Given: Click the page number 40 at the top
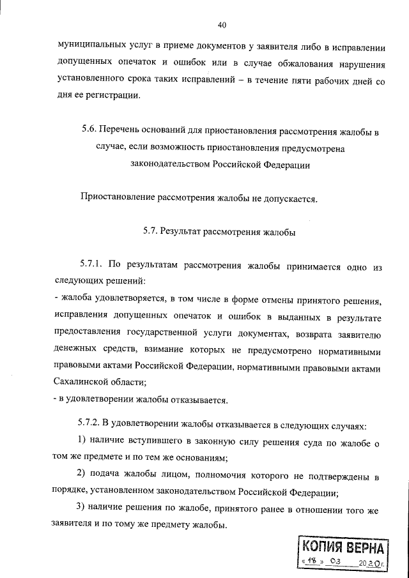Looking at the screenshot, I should (x=222, y=25).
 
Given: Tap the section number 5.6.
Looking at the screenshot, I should (x=89, y=133).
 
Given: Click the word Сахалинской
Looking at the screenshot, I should (x=82, y=381).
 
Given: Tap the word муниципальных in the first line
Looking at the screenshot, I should (x=90, y=47).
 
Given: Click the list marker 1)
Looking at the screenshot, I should (x=81, y=441).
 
